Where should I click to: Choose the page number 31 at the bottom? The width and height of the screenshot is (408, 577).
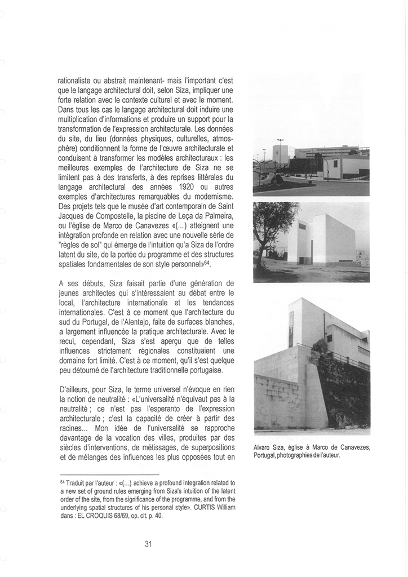pos(148,544)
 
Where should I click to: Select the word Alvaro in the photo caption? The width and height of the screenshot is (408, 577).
pos(263,448)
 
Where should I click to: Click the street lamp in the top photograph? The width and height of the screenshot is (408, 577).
pos(280,151)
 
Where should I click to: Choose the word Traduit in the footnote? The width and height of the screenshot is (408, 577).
pos(75,483)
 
